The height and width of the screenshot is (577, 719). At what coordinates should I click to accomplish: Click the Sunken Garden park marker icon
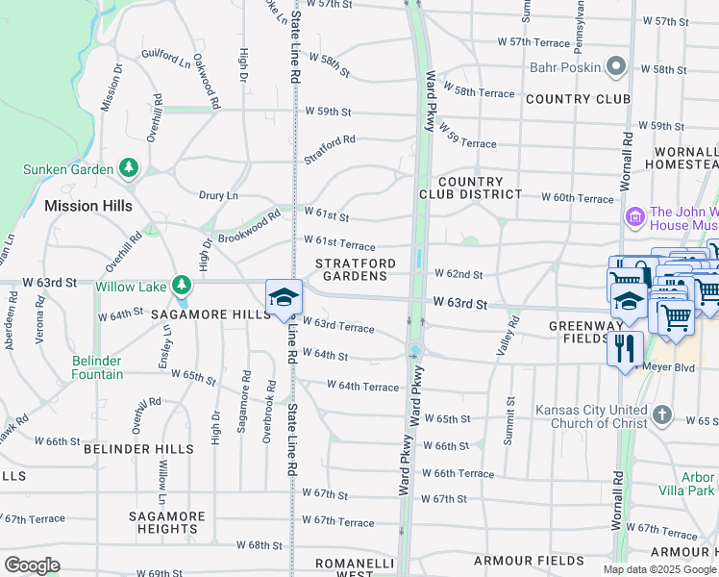129,169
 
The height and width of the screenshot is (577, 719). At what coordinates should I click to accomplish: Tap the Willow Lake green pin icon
181,286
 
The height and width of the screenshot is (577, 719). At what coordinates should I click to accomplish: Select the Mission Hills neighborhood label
85,206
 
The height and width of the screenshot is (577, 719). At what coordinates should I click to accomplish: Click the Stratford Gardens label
355,269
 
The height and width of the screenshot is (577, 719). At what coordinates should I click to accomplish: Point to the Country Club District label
470,188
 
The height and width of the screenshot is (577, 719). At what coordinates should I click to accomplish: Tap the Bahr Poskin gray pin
616,67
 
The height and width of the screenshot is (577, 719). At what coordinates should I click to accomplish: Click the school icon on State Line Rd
285,297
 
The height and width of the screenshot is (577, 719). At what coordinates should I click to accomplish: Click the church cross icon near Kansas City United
661,415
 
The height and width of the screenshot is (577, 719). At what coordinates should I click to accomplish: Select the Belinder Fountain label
98,367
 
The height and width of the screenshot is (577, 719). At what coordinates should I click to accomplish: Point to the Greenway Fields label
579,332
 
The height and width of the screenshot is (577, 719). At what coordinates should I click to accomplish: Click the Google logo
33,565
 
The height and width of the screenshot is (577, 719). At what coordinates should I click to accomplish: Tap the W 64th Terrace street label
362,386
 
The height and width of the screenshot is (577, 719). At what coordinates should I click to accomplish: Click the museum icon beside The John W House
634,217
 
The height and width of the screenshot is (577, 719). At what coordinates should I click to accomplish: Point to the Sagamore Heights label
167,522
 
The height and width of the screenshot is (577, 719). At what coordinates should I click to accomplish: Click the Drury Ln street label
218,195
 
